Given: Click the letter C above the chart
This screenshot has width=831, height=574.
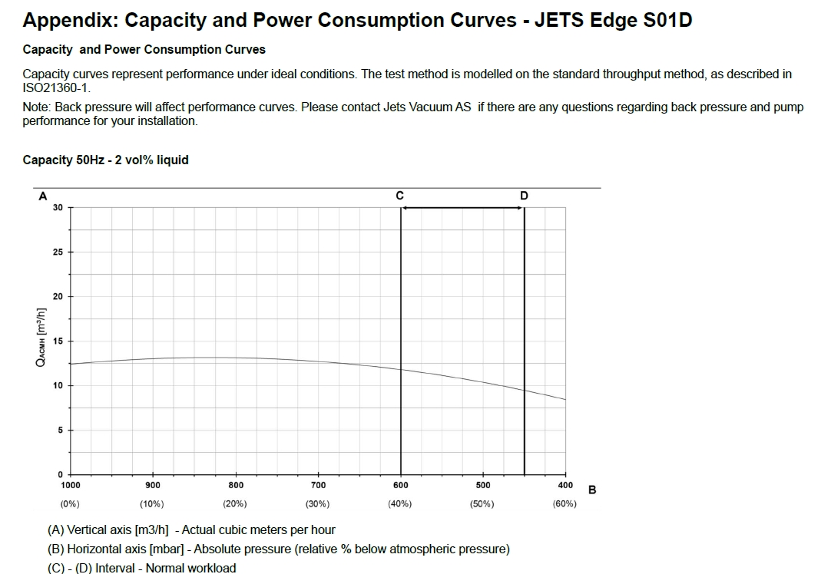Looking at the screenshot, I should coord(400,196).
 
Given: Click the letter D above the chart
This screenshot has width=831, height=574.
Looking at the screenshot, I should coord(524,196).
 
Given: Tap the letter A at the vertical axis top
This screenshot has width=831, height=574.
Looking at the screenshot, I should coord(42,196).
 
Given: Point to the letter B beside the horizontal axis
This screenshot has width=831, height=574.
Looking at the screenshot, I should coord(592,490).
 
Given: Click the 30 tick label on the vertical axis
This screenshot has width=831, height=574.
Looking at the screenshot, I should coord(58,208).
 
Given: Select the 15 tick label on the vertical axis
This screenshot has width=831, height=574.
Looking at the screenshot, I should coord(58,341).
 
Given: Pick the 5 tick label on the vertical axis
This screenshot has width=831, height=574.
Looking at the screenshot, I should coord(60,430).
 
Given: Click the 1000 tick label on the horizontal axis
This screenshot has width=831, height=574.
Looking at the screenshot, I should coord(70,485).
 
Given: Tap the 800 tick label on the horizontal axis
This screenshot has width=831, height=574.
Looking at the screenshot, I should coord(236,485).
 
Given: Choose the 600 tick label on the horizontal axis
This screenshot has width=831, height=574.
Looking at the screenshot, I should coord(401,485).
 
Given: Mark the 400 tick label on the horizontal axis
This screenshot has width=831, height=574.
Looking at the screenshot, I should coord(565,485).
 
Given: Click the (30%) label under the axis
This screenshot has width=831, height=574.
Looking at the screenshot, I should coord(317,504).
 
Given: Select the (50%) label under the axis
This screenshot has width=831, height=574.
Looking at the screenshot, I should coord(482,504).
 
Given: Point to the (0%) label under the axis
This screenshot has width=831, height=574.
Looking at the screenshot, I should coord(70,504).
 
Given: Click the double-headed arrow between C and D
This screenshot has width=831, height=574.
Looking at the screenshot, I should coord(462,208).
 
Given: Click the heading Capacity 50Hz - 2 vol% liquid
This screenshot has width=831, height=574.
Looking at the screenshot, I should coord(105,160).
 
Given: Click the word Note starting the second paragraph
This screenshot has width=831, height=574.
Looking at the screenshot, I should coord(35,107).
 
